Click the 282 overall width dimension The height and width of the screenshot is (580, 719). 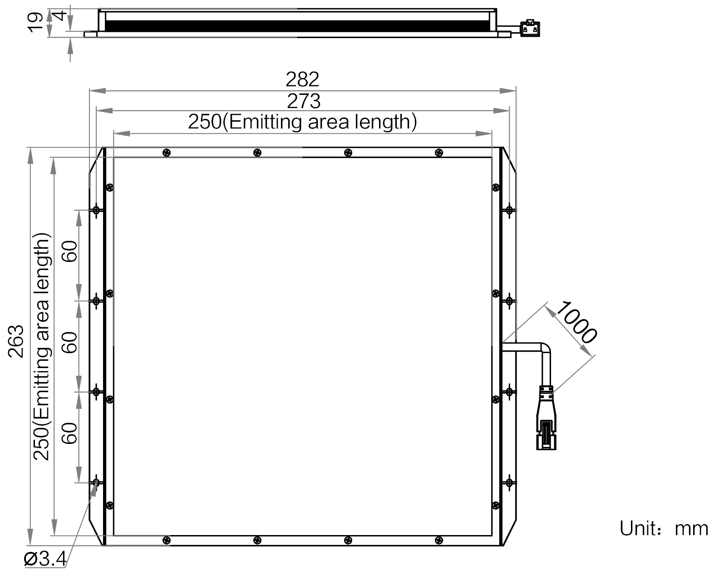302,79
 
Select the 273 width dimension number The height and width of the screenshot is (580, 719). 304,101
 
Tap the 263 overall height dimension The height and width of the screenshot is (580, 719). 16,341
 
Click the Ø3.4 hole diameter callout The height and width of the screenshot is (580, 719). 45,559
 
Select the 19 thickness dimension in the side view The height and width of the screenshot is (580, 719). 34,22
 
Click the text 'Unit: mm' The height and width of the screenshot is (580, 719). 664,529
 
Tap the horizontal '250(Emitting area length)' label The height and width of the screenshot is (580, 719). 302,122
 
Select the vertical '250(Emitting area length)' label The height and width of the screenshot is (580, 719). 42,346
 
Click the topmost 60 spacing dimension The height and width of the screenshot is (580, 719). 69,251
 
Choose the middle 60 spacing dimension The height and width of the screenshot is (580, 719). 69,343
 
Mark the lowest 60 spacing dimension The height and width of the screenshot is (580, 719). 69,433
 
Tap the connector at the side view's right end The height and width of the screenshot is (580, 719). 530,28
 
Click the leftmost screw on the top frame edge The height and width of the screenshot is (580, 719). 167,152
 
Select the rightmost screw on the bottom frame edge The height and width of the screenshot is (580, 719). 439,540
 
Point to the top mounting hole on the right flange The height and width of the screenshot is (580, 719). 509,210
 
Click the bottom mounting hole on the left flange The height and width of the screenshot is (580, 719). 96,482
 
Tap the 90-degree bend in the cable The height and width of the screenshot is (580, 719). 545,348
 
